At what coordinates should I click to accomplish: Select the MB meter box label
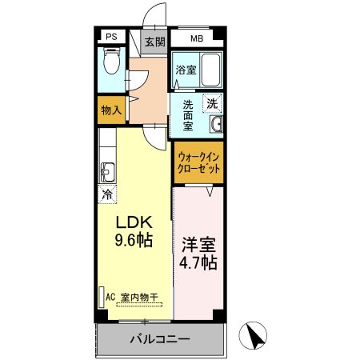tap(197, 38)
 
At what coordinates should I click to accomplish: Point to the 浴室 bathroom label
tap(186, 70)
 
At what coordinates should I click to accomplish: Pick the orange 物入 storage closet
tap(110, 110)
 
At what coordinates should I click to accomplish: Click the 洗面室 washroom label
tap(188, 114)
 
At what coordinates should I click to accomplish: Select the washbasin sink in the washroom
tap(216, 125)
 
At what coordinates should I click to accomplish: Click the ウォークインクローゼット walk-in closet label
tap(199, 163)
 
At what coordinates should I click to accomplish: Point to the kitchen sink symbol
tap(106, 172)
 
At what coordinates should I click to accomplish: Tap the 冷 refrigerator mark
tap(107, 193)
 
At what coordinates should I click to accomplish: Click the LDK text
tap(134, 222)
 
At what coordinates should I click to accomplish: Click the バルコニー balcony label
tap(160, 339)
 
